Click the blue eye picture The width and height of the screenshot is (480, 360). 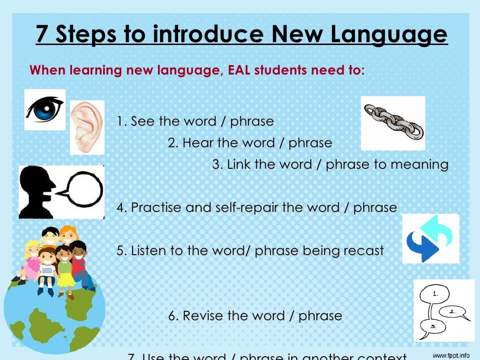(45, 109)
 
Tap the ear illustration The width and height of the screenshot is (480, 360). (87, 127)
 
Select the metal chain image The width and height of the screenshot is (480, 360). (393, 123)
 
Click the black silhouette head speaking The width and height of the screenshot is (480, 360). (38, 191)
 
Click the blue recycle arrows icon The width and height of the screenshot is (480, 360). (430, 238)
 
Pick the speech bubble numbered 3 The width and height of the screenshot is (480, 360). (432, 326)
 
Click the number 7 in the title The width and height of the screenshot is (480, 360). (43, 35)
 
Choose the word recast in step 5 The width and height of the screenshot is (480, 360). (363, 250)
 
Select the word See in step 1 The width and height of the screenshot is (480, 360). (142, 121)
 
